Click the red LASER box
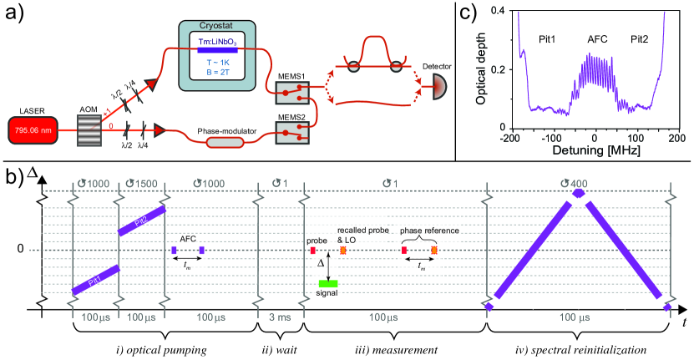[x=33, y=130]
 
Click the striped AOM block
[x=90, y=130]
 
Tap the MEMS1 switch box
[x=292, y=93]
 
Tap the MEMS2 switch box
[x=292, y=133]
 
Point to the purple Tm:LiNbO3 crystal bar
[x=217, y=49]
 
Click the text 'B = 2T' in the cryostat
[x=218, y=72]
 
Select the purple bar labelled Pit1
[x=95, y=280]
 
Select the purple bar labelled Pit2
[x=142, y=221]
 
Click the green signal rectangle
[x=328, y=284]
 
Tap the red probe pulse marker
[x=313, y=251]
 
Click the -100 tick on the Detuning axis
[x=551, y=139]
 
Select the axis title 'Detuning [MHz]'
[x=596, y=150]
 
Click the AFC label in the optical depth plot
[x=597, y=39]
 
